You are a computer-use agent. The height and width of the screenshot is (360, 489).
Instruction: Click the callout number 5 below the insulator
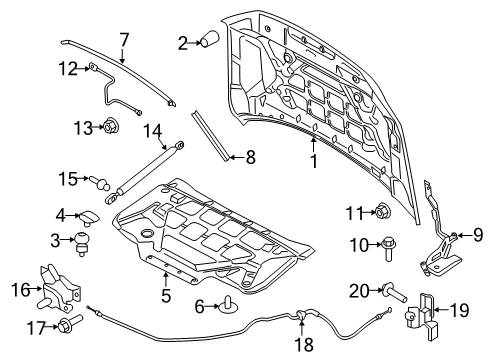(x=166, y=296)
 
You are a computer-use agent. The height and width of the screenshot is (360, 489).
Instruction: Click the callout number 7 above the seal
(x=124, y=39)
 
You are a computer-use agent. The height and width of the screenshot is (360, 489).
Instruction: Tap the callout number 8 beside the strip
(x=250, y=156)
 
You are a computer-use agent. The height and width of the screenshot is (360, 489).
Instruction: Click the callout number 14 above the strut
(x=153, y=130)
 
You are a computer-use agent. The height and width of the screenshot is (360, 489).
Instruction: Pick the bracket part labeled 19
(x=421, y=310)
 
